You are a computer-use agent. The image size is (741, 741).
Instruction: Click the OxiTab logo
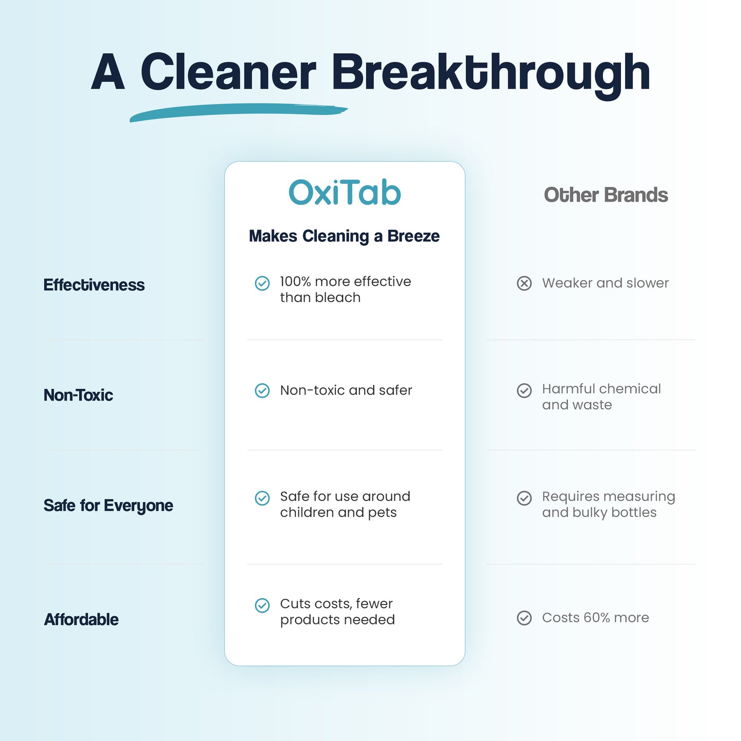tap(345, 193)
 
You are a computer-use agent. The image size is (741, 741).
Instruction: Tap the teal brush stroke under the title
tap(238, 112)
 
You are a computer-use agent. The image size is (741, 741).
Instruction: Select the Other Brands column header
tap(606, 195)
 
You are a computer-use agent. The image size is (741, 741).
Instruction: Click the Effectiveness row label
tap(94, 285)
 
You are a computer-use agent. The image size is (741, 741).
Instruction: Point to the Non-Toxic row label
tap(78, 395)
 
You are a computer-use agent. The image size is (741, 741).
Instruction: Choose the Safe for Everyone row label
tap(108, 506)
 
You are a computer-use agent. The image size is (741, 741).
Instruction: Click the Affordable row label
tap(81, 619)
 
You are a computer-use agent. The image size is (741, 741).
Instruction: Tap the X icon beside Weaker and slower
tap(524, 283)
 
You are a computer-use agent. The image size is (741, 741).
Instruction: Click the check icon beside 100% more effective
tap(262, 283)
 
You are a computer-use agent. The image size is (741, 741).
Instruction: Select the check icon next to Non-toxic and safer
tap(262, 391)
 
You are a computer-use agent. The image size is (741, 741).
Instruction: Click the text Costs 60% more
tap(595, 617)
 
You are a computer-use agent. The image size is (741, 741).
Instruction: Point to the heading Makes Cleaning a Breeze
tap(344, 236)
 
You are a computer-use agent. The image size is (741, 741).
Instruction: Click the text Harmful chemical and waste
tap(601, 396)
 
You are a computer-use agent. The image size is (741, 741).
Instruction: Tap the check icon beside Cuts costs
tap(262, 606)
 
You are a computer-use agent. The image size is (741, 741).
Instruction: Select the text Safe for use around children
tap(345, 504)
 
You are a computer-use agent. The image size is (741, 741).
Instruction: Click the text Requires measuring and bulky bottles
tap(608, 504)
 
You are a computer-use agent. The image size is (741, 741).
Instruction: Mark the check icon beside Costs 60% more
tap(524, 618)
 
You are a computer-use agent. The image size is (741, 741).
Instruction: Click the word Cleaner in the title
tap(228, 73)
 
